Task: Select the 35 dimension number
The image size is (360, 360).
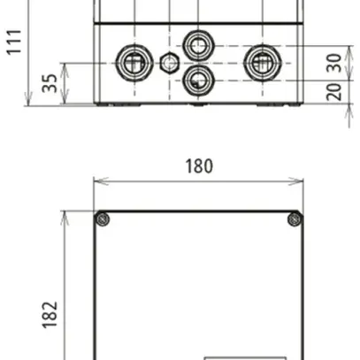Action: click(x=51, y=83)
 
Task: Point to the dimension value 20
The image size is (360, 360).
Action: click(x=333, y=92)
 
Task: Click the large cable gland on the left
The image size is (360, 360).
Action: click(x=133, y=61)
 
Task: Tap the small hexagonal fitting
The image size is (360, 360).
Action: click(x=170, y=62)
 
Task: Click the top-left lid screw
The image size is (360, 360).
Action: click(x=103, y=219)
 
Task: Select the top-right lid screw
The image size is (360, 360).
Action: click(x=295, y=219)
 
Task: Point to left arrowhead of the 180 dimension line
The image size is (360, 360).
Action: click(x=97, y=182)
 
